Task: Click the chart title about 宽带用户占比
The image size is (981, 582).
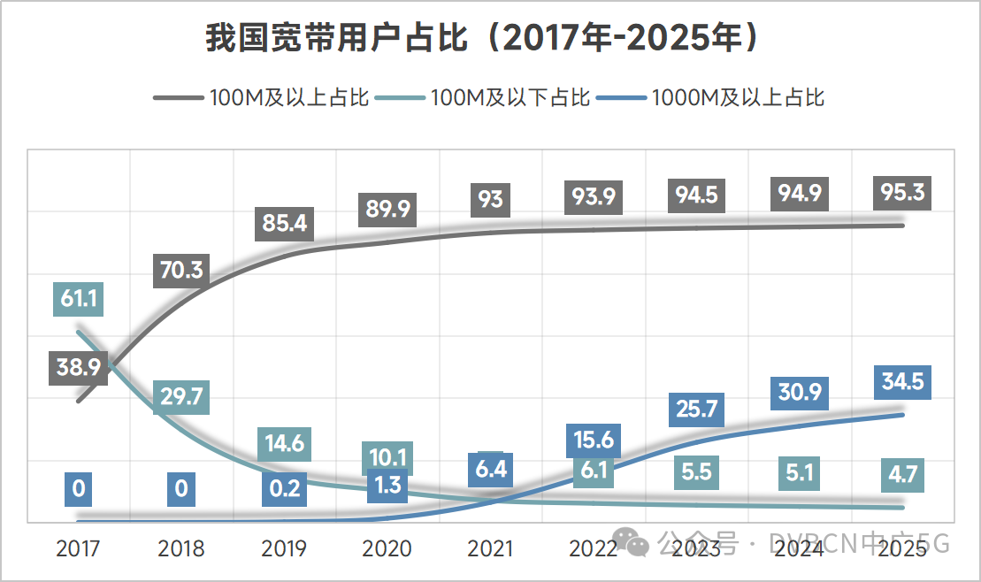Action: [482, 39]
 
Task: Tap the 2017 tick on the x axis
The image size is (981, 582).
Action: [78, 548]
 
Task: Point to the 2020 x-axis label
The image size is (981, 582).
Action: [387, 548]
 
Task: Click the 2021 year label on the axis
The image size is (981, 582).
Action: [490, 548]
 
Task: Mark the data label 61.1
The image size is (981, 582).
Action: [78, 299]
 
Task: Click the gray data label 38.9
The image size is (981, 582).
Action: [78, 366]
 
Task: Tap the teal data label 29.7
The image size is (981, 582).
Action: [181, 398]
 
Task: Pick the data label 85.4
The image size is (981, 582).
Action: [284, 223]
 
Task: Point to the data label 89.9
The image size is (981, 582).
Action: [387, 209]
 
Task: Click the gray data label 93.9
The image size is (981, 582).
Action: [593, 196]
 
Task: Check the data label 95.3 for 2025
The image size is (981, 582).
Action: [902, 192]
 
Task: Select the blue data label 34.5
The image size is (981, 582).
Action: [902, 382]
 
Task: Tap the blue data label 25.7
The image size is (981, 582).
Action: [696, 409]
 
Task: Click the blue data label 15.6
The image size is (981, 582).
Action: [593, 440]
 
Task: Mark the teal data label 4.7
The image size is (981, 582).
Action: [902, 475]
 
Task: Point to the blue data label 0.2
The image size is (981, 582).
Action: [284, 488]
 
